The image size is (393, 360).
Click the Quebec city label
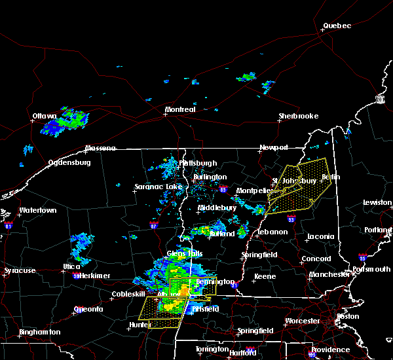point(337,26)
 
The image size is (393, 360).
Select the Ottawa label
point(45,117)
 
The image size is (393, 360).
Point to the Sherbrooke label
point(298,116)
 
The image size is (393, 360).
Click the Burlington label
point(210,177)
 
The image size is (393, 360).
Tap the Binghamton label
point(39,332)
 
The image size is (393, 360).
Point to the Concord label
point(316,259)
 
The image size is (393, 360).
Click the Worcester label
point(303,321)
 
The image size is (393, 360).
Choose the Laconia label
point(321,236)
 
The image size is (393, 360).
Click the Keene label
point(265,276)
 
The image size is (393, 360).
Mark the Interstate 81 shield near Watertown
point(9,225)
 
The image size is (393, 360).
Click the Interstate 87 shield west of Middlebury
point(153,224)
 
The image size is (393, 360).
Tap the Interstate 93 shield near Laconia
point(291,219)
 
